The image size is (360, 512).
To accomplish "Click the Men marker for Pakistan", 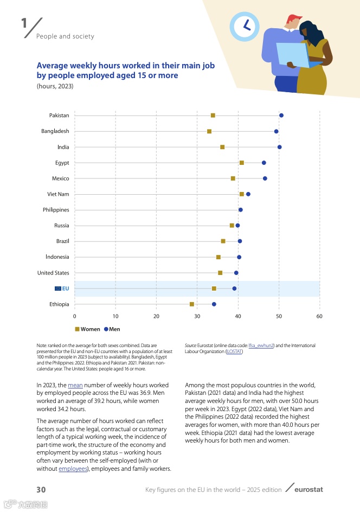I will click(x=281, y=116).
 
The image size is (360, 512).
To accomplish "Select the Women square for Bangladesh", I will click(x=209, y=131).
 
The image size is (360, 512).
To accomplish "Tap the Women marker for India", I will click(x=222, y=147).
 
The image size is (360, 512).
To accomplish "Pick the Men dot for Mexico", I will click(x=265, y=178).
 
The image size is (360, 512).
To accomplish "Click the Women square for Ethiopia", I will click(x=192, y=304).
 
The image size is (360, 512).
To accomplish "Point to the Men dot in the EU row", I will click(x=235, y=289).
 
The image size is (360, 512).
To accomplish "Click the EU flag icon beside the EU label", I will click(x=57, y=289).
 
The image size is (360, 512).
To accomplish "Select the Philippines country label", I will click(x=56, y=210).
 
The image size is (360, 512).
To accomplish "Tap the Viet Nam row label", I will click(x=58, y=194).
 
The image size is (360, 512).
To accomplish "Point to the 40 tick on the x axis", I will click(x=238, y=316).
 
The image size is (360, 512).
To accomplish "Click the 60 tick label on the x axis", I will click(x=320, y=316).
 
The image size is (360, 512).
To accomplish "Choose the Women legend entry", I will click(x=87, y=329).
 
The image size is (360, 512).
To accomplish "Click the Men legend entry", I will click(x=112, y=329).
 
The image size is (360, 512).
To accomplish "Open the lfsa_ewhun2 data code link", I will click(x=261, y=345).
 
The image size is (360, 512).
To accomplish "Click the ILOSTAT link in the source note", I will click(x=234, y=351).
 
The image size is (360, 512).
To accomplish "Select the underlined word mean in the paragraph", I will click(x=75, y=385).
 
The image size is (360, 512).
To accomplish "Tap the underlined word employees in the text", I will click(x=73, y=469).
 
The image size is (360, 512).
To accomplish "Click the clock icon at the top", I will click(x=245, y=25).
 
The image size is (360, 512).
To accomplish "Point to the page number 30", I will click(x=41, y=490).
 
